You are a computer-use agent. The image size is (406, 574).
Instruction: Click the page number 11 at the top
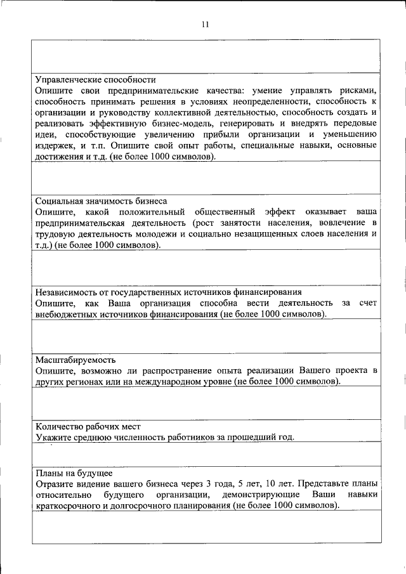[205, 25]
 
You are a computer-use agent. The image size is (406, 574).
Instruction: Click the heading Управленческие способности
[95, 81]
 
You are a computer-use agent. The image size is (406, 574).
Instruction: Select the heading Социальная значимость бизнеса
[101, 200]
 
